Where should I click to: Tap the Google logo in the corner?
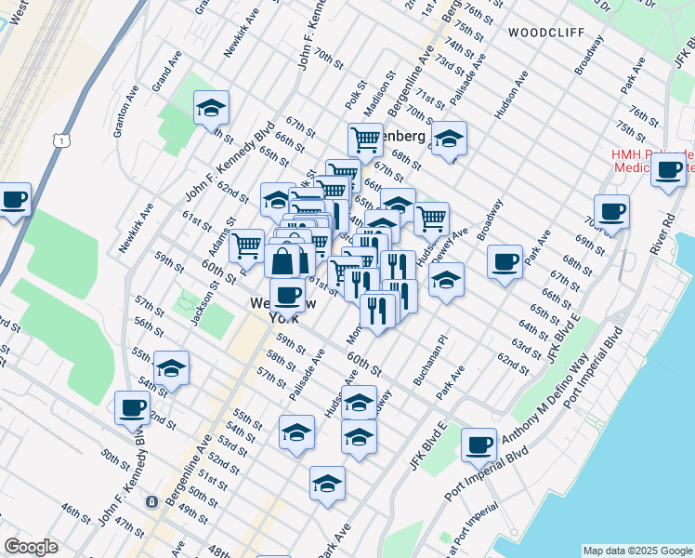31,547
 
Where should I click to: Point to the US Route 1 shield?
61,140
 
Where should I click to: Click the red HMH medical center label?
651,161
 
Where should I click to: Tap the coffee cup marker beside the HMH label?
669,170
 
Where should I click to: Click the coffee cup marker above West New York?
287,296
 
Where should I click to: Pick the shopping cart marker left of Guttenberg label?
365,139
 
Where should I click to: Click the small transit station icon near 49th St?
151,501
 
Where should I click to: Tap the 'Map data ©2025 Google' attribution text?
637,551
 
